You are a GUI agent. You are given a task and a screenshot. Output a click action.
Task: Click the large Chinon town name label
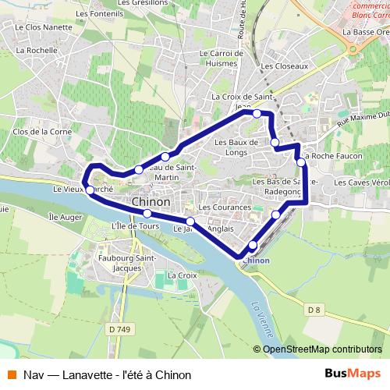point(151,201)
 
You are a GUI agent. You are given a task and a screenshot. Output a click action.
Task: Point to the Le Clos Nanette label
point(42,26)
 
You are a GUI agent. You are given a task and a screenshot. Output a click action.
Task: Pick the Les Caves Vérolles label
point(362,182)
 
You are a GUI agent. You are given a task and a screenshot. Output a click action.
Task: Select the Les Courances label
point(225,207)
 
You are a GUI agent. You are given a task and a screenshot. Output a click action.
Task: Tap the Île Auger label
point(65,215)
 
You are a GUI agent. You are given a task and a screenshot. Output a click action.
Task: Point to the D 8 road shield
point(314,310)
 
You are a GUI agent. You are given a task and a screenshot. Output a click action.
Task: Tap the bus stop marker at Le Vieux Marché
point(90,190)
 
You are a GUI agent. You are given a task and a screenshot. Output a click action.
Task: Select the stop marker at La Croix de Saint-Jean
point(256,114)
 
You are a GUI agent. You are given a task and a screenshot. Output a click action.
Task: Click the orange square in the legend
point(10,374)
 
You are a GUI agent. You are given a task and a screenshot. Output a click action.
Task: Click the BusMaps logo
point(352,374)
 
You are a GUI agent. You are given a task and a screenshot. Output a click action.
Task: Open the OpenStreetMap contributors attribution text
point(322,349)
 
